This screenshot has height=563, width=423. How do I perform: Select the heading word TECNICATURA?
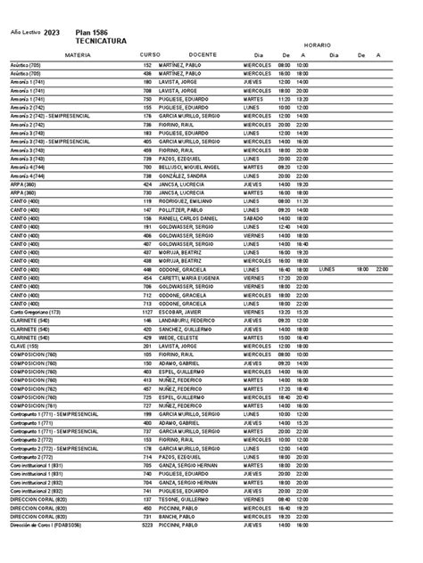pos(101,40)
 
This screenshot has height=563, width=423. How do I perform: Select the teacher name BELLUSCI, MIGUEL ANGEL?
pos(190,166)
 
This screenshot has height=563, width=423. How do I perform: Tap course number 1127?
pos(147,312)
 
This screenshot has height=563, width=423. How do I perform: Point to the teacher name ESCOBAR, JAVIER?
pos(182,312)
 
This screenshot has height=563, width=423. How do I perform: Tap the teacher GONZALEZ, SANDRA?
pos(184,175)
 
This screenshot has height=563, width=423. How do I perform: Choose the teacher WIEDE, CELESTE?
pos(180,337)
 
